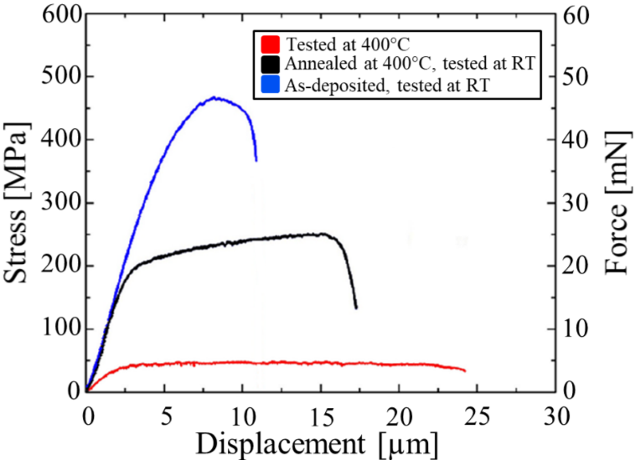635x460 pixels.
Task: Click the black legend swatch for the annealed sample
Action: [x=270, y=63]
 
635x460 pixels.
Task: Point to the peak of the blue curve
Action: [x=217, y=98]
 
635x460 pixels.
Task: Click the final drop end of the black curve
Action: [x=356, y=308]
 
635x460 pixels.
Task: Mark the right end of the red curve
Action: [x=464, y=370]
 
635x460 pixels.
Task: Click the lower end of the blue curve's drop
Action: [x=256, y=160]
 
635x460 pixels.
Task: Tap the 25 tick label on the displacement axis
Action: [x=476, y=412]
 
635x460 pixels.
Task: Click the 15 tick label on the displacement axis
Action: [x=320, y=412]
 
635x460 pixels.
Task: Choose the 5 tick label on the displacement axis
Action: [x=165, y=412]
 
